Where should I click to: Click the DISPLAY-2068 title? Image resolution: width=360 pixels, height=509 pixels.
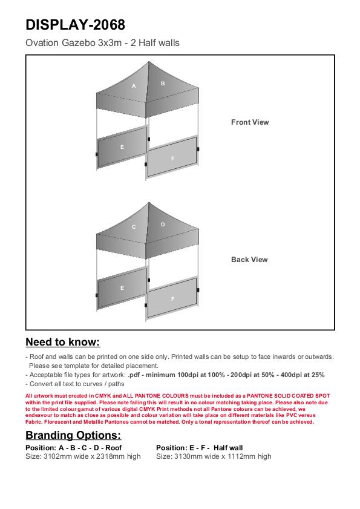[x=75, y=25]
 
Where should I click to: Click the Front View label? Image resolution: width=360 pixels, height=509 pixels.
[x=250, y=122]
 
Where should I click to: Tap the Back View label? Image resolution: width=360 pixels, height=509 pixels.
[x=249, y=260]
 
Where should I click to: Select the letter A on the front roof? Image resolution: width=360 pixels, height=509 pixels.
[x=134, y=86]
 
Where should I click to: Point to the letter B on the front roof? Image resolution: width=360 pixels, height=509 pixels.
[x=163, y=84]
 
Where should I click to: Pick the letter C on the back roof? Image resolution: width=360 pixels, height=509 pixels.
[x=134, y=227]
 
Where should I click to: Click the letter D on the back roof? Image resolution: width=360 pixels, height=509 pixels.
[x=163, y=225]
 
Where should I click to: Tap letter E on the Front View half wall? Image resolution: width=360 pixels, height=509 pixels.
[x=122, y=147]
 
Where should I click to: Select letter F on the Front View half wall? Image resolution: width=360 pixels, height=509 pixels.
[x=172, y=159]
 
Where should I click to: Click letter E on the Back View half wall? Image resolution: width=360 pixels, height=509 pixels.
[x=122, y=288]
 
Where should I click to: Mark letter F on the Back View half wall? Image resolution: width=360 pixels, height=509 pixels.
[x=172, y=298]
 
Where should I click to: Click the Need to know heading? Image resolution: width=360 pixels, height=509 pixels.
[x=63, y=342]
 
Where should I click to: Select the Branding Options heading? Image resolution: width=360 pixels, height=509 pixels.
[x=73, y=435]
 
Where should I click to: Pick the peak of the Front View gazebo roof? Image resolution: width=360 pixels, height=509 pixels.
[x=149, y=62]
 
